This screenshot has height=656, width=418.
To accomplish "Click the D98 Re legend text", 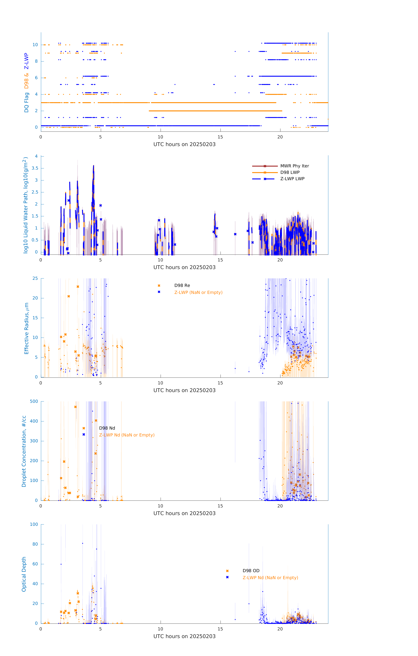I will point(182,285).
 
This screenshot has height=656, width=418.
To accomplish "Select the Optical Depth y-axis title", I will point(24,574).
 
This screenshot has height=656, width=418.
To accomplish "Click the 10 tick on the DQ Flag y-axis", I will point(35,45).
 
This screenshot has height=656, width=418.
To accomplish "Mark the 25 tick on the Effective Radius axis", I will point(35,278).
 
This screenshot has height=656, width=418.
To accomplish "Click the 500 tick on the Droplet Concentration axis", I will point(34,401).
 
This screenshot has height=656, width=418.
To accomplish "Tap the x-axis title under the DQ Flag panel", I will point(184,144).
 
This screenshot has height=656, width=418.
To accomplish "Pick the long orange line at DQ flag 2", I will point(215,111).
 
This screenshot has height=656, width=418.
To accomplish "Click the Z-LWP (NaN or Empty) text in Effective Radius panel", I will point(198,293).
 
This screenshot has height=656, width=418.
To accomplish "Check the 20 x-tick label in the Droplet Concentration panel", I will point(280,506).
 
